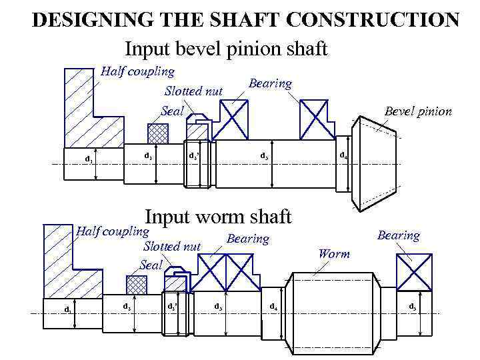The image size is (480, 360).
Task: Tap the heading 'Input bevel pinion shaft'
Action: (226, 49)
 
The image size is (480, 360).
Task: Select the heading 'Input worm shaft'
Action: (218, 217)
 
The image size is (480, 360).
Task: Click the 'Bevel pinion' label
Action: (418, 111)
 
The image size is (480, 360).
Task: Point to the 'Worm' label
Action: (334, 253)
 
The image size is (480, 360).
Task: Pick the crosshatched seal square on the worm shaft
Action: (137, 285)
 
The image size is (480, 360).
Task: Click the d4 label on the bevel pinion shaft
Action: (343, 155)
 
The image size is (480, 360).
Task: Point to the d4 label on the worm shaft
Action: (273, 307)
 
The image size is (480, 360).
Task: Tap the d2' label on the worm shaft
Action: (172, 307)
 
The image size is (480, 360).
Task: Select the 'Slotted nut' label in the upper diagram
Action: (193, 91)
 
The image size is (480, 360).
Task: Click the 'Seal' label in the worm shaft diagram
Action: (151, 265)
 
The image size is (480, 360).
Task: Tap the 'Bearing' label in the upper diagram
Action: (270, 83)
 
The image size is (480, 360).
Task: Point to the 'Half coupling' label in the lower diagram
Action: (112, 231)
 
